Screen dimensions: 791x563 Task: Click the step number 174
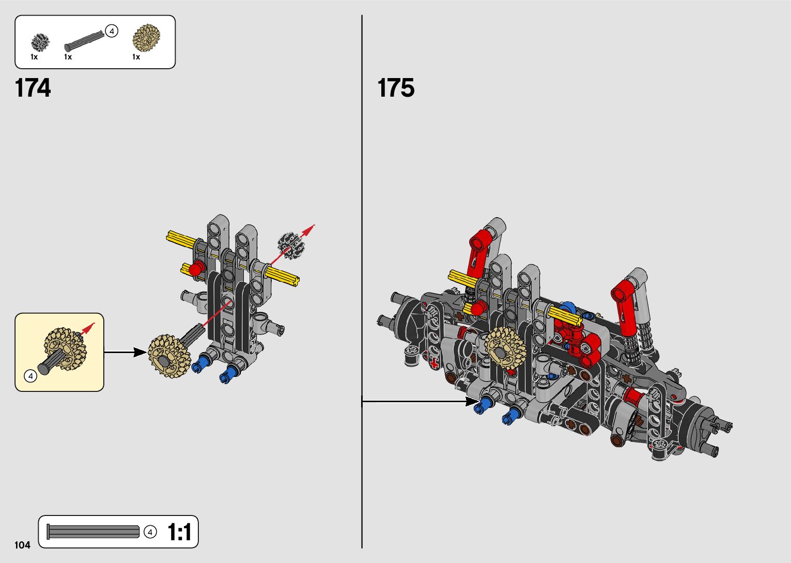click(33, 88)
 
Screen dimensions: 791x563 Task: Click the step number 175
click(396, 88)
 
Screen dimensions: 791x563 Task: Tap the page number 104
click(22, 545)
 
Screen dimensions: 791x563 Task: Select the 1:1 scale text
click(179, 532)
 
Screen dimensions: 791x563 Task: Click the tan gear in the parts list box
click(146, 38)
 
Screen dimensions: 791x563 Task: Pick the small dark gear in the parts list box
click(40, 42)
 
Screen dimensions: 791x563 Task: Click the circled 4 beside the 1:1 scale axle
click(150, 532)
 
